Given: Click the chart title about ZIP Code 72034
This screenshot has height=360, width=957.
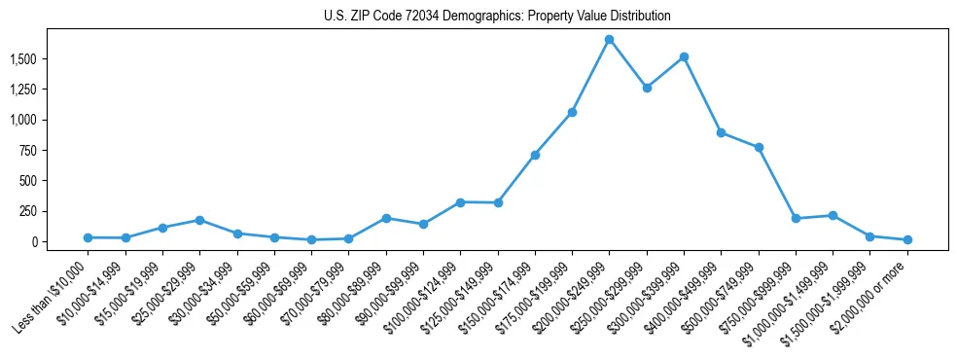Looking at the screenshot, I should point(497,17).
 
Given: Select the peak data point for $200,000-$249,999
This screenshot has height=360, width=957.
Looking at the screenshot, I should point(609,40).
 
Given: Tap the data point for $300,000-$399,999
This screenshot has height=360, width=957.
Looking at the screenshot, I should point(684,57).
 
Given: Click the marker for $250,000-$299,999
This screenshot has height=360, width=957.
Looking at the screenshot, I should point(647,88).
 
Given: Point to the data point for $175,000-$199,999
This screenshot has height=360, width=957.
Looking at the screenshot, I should point(572,113).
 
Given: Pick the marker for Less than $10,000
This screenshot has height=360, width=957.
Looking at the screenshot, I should point(88,237).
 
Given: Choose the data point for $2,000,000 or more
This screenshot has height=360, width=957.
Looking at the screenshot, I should point(907,239).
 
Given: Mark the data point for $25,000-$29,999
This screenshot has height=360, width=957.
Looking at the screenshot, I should point(199,220).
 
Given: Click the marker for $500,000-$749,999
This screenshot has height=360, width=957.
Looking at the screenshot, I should point(759,148).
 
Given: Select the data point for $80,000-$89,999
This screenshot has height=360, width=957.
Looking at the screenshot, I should point(386,218).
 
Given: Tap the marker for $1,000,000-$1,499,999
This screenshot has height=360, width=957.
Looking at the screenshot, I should point(833,216).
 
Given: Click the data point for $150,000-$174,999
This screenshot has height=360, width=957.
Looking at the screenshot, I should point(535,155).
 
